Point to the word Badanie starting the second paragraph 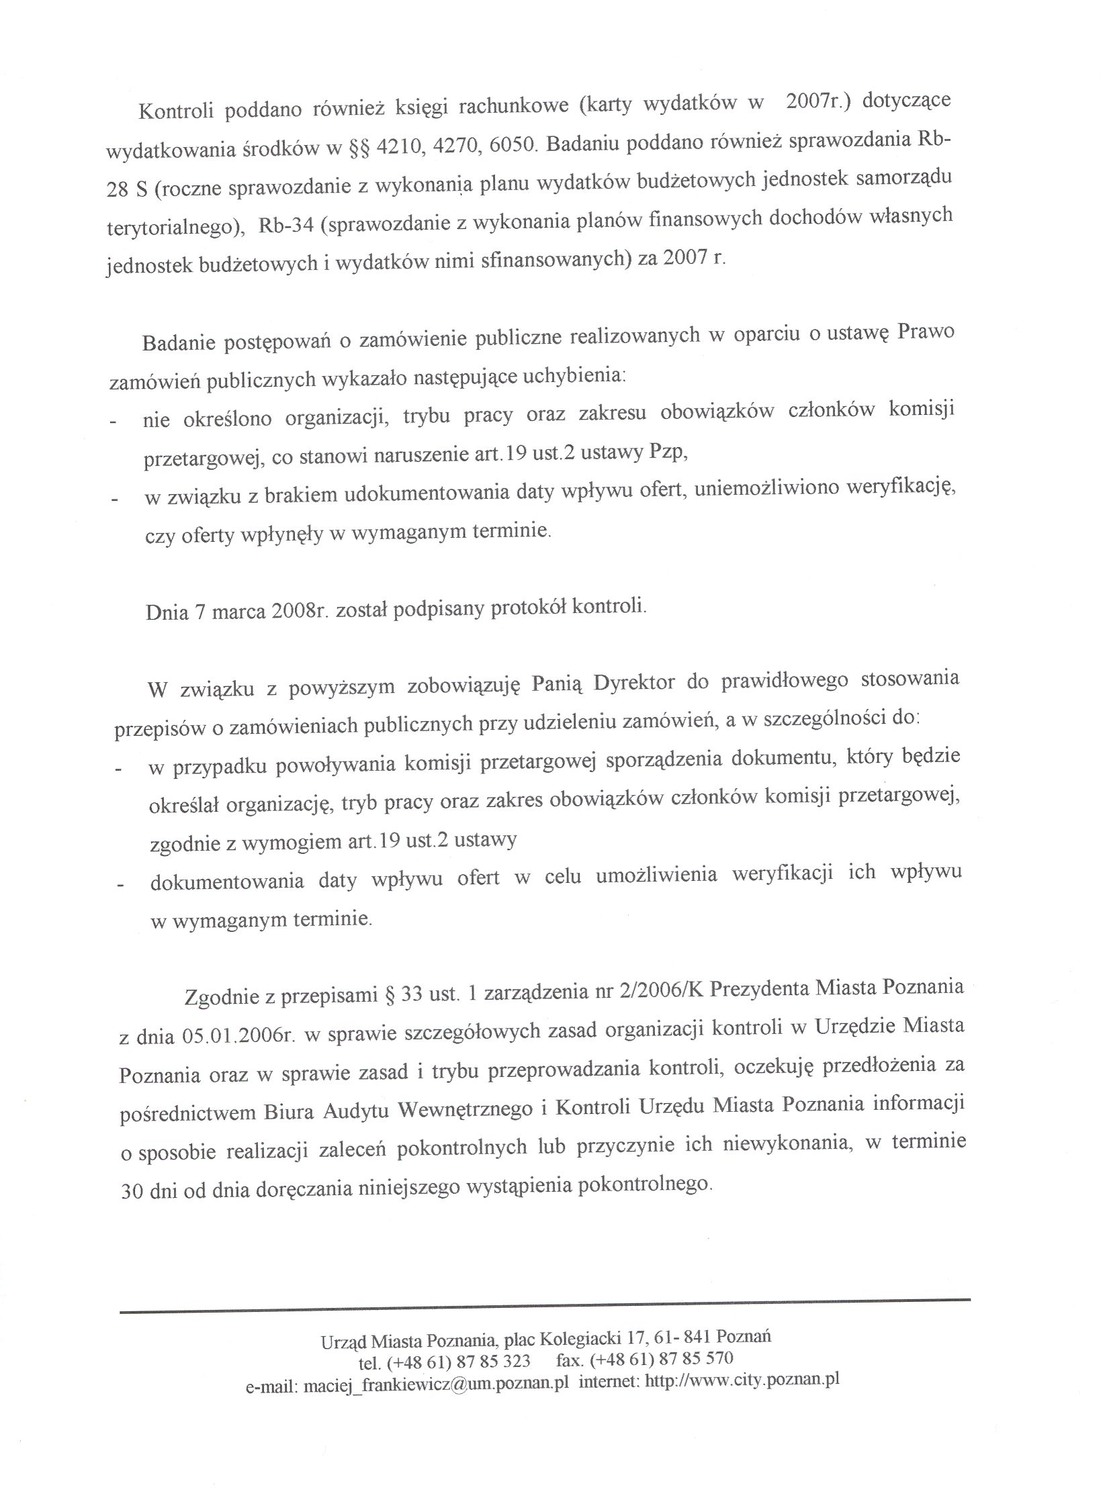click(179, 343)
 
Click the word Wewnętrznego click(466, 1110)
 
